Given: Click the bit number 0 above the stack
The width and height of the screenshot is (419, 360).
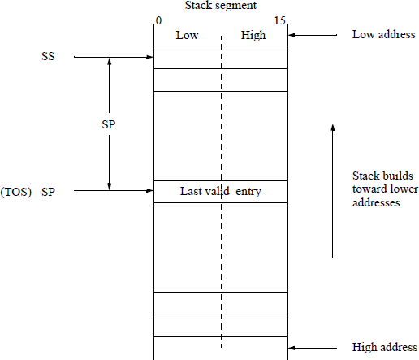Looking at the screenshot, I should [158, 20].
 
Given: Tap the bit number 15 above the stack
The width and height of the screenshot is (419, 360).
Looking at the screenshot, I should [279, 20].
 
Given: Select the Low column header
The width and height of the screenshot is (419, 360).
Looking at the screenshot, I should [188, 35].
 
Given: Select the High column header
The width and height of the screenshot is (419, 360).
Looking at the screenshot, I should [253, 35].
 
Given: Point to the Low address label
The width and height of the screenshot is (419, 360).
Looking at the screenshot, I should [383, 35].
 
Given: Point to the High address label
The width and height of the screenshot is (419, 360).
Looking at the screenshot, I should [384, 348].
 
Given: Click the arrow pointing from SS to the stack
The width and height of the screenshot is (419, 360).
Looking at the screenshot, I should [114, 58].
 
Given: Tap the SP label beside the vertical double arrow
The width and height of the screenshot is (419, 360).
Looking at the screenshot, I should [108, 125].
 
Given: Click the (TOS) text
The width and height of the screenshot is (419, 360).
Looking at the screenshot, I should [17, 192].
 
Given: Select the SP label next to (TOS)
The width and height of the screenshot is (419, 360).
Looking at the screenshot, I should [50, 192].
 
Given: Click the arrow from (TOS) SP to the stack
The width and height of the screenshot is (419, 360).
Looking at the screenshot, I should [114, 191].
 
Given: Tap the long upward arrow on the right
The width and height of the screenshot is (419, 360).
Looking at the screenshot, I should [332, 191].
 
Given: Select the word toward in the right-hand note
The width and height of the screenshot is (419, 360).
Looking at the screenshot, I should [369, 190].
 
